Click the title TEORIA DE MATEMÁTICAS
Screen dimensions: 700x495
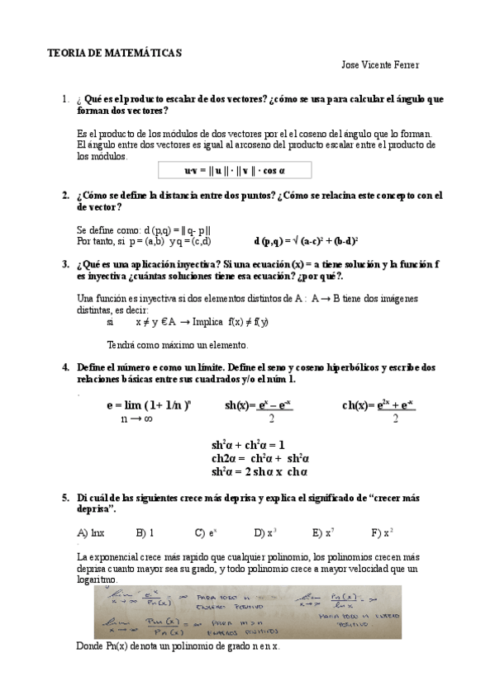[114, 52]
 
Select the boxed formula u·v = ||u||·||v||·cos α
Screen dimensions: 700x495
[235, 170]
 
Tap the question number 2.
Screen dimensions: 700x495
[65, 196]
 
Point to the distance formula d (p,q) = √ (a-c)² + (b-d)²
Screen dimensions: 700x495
[305, 241]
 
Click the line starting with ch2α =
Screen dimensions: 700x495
[259, 457]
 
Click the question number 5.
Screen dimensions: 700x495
[65, 499]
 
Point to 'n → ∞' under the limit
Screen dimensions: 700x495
[136, 419]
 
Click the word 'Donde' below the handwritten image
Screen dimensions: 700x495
[89, 646]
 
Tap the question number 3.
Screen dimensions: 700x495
[65, 264]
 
